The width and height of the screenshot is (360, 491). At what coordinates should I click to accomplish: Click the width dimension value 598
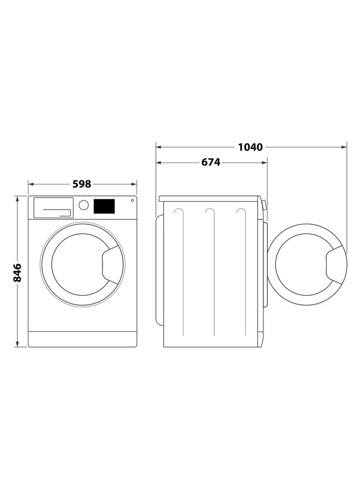point(82,184)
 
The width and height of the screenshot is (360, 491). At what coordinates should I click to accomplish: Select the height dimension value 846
point(17,272)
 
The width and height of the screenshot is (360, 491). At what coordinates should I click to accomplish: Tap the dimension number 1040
point(250,147)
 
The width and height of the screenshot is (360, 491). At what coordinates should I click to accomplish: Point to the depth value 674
point(211,162)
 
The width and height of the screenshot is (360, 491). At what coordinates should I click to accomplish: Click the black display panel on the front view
point(104,206)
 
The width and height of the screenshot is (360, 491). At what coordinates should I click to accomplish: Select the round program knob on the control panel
point(83,205)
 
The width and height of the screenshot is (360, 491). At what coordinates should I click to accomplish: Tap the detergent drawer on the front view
point(53,207)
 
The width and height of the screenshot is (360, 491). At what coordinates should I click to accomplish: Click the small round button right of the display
point(131,201)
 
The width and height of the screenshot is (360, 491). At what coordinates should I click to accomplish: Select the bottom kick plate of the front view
point(82,338)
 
